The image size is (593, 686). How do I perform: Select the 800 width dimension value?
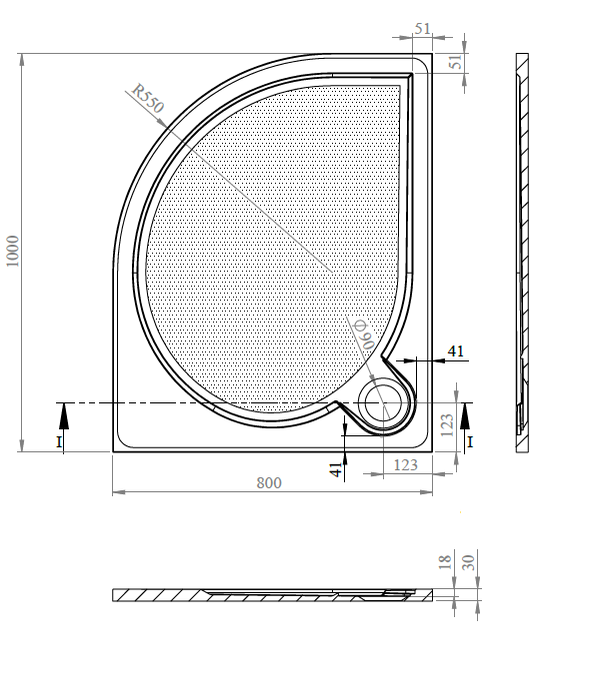click(x=269, y=482)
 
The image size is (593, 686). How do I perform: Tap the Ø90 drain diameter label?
click(x=362, y=333)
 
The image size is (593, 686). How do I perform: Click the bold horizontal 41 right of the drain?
click(x=455, y=350)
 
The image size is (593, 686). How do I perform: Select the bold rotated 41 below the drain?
click(x=335, y=466)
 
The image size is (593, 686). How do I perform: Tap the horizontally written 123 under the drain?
click(x=405, y=464)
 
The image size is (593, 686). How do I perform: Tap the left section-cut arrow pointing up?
click(x=63, y=411)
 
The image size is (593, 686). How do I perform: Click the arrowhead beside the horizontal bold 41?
click(x=404, y=359)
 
